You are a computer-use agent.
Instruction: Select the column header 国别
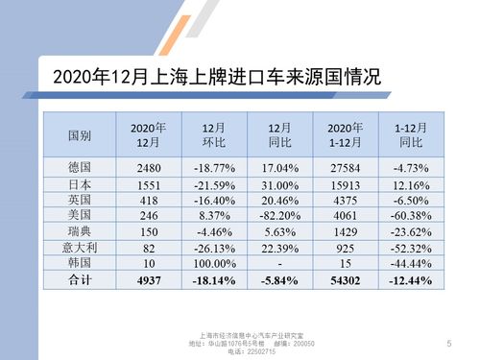(x=80, y=135)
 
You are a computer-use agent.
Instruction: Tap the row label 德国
(x=80, y=168)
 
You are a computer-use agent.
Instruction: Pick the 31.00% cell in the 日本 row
(x=279, y=183)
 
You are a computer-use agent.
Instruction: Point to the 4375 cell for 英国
(x=344, y=199)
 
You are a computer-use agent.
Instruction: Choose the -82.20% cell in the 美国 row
(x=279, y=215)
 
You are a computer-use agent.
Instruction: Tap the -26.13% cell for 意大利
(x=215, y=247)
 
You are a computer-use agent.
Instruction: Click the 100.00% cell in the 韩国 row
(x=215, y=262)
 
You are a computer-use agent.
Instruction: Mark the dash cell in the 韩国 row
(x=279, y=262)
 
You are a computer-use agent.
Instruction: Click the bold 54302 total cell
(x=344, y=278)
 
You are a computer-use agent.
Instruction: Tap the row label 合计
(x=80, y=278)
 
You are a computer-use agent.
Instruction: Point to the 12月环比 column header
(x=215, y=135)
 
